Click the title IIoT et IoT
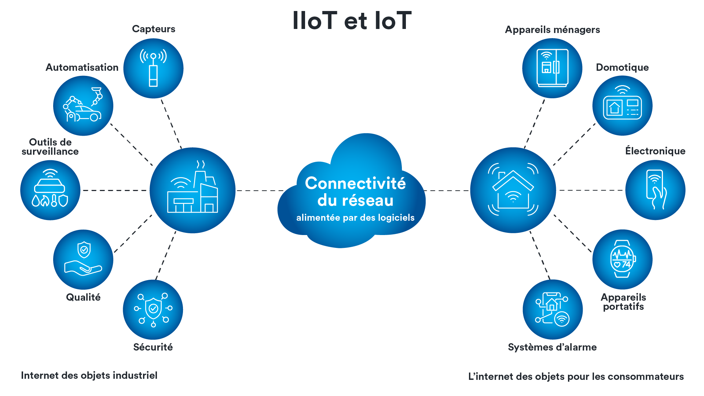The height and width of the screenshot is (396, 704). pos(352,21)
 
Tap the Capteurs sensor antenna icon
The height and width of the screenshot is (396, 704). pos(153,68)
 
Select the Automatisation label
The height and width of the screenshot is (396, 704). pos(82,67)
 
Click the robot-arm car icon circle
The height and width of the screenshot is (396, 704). pos(83,106)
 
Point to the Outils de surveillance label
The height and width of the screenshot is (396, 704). pos(50,147)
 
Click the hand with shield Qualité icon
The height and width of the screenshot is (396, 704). pos(83,260)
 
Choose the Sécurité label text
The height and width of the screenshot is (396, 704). pos(153,347)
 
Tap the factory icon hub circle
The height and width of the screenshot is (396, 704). pos(192,190)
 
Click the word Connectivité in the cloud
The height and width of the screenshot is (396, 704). pos(355,183)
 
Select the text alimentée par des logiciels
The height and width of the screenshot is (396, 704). pos(355,218)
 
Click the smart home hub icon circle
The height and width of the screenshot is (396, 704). pos(513,190)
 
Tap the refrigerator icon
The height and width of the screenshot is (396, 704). pos(552,68)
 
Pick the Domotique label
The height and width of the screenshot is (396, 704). pos(622,67)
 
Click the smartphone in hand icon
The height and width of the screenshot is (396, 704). pos(655,190)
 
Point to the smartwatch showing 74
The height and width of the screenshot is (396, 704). pos(622,260)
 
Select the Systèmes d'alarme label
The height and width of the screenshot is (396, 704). pos(552,347)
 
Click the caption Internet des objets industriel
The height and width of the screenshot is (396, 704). pos(89,375)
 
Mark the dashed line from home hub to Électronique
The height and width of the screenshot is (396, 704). pos(590,190)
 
